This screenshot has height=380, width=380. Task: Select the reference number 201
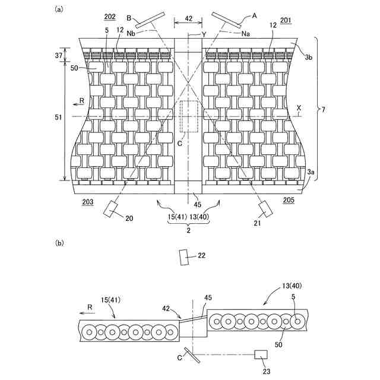click(286, 20)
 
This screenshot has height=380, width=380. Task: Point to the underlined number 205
click(288, 201)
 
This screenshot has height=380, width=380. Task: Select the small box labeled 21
click(265, 209)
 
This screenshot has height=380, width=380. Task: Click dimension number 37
click(57, 55)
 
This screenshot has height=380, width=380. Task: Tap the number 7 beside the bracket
click(324, 109)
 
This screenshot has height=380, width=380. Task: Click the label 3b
click(309, 57)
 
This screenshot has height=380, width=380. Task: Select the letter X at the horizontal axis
click(299, 109)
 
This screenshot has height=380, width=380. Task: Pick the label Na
click(246, 34)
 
